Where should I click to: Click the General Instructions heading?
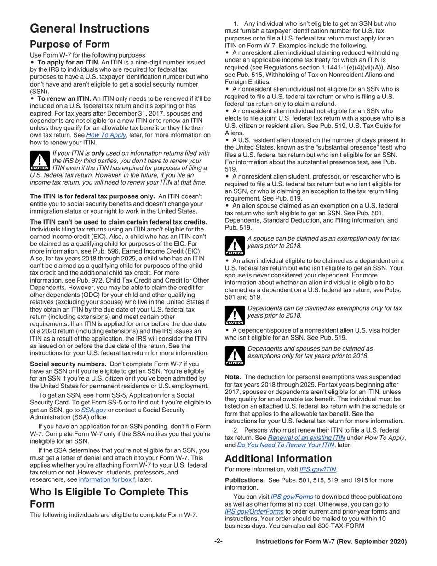point(89,29)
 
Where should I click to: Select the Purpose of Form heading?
point(69,45)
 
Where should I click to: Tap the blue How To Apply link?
point(104,135)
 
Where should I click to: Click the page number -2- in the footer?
point(218,541)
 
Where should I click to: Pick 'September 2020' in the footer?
point(377,542)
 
